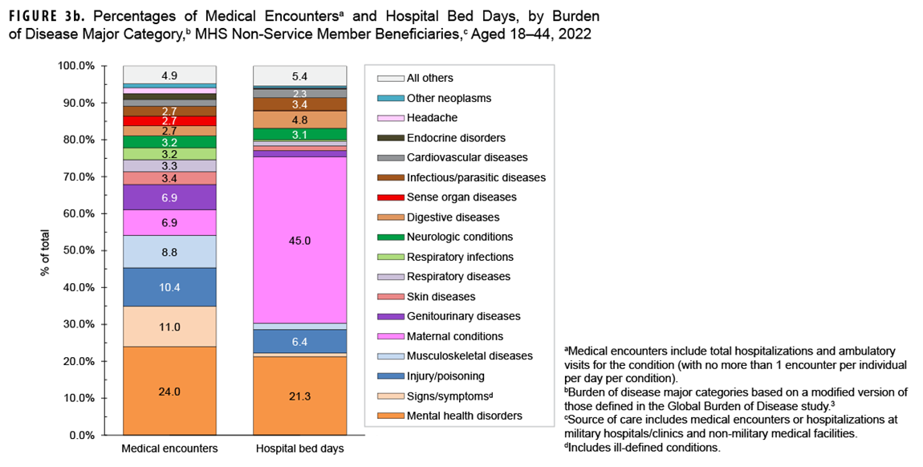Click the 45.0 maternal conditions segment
[300, 240]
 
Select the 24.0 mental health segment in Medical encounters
[169, 391]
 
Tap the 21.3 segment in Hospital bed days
[300, 395]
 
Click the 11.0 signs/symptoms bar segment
[169, 327]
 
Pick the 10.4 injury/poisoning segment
[169, 287]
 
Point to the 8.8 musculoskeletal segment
[169, 251]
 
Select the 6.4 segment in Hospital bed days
[300, 341]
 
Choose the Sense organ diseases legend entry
[462, 197]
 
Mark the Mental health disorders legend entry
[465, 416]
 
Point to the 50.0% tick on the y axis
[91, 250]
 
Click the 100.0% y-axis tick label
[89, 66]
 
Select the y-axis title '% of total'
[46, 250]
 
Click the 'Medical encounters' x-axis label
[169, 449]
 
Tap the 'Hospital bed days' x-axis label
[300, 449]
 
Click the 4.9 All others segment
[169, 75]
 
